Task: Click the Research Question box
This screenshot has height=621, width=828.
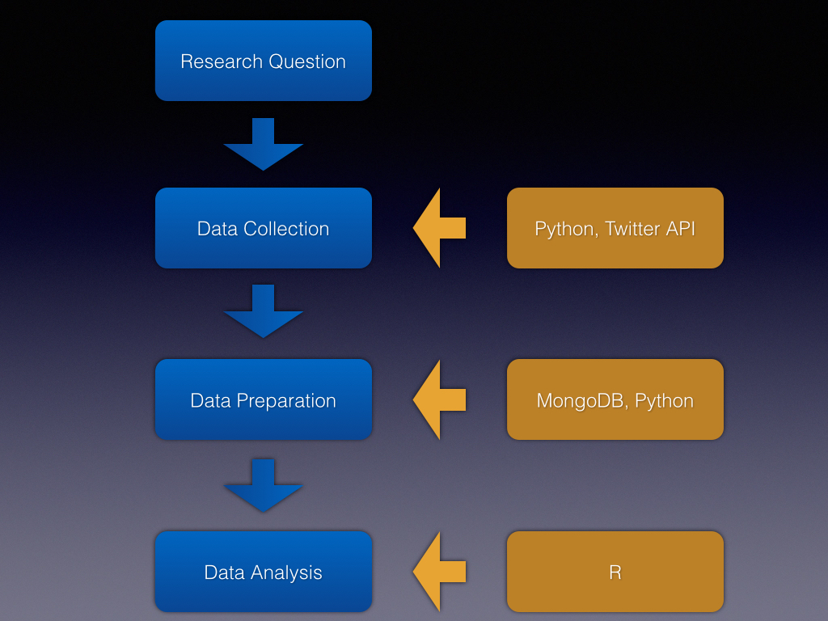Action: point(263,61)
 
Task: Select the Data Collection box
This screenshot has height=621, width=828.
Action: point(263,228)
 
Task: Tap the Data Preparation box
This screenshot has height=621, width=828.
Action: point(263,399)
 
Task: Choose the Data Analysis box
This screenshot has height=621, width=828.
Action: point(263,572)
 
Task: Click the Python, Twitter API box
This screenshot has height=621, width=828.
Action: point(615,228)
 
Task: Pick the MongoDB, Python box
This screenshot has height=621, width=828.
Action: point(615,399)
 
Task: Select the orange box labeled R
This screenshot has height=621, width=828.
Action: point(615,572)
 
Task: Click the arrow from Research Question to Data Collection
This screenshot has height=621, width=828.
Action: point(263,146)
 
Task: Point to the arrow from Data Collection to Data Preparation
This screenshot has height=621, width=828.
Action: point(263,312)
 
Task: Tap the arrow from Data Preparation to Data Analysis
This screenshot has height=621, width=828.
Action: point(263,486)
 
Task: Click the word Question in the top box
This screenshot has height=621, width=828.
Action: point(307,61)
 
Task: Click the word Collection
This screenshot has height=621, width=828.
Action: point(285,229)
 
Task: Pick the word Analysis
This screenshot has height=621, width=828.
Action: point(286,572)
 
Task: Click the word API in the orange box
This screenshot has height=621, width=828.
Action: point(681,229)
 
